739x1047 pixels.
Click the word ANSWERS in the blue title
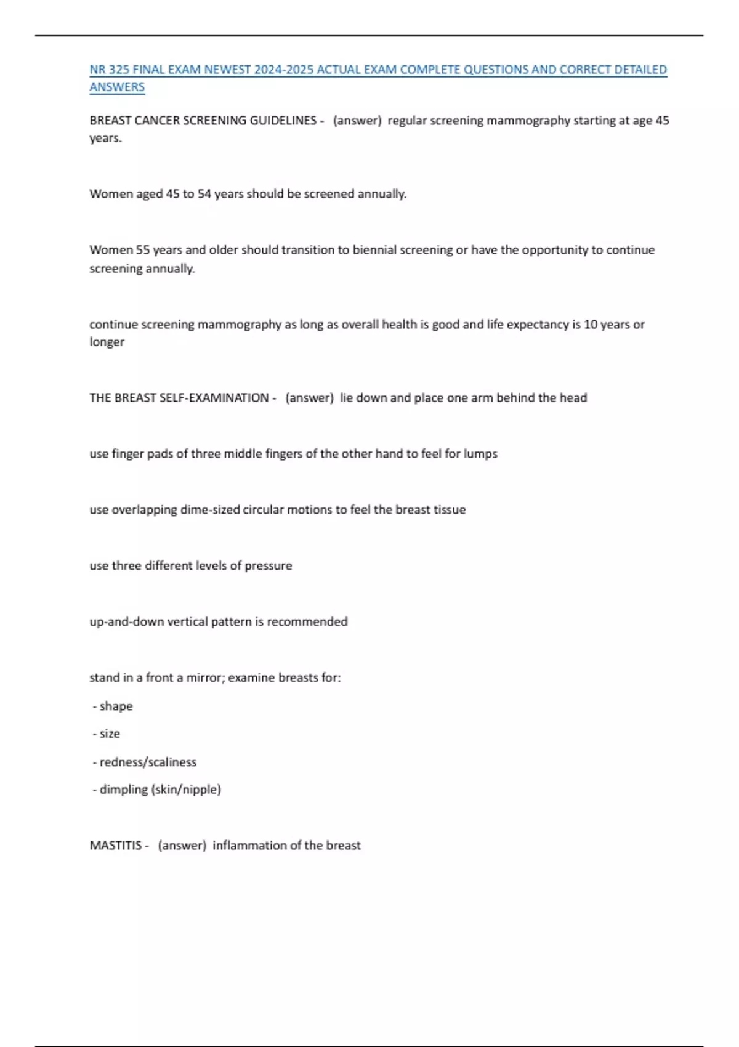117,87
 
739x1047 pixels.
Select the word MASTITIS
116,846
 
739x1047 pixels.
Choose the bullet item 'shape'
116,706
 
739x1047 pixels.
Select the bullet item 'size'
110,734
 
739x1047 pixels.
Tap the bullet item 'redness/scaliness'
148,762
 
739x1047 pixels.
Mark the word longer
107,342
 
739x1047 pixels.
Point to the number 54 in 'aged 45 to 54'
204,195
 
